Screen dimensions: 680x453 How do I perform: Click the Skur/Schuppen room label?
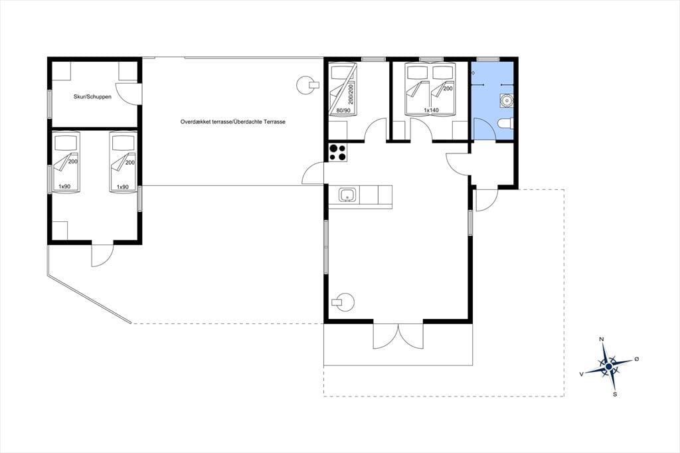pyautogui.click(x=92, y=97)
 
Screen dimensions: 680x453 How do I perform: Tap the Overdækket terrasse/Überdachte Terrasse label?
pyautogui.click(x=233, y=122)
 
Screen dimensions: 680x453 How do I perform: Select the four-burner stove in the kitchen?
pyautogui.click(x=338, y=152)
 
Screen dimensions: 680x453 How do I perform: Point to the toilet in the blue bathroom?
pyautogui.click(x=505, y=124)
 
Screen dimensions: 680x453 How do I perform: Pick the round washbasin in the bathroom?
pyautogui.click(x=506, y=100)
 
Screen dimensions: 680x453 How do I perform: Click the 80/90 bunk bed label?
pyautogui.click(x=343, y=111)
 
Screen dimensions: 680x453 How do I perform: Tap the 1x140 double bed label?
pyautogui.click(x=431, y=110)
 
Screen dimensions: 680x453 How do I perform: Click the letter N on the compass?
pyautogui.click(x=601, y=339)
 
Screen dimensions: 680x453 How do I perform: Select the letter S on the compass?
pyautogui.click(x=615, y=395)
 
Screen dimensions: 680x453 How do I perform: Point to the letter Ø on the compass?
pyautogui.click(x=637, y=359)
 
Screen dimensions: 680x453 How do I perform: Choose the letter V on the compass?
pyautogui.click(x=581, y=373)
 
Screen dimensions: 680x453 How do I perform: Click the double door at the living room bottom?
pyautogui.click(x=398, y=335)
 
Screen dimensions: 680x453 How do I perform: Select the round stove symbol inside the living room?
pyautogui.click(x=343, y=302)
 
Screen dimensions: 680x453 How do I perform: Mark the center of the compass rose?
pyautogui.click(x=608, y=367)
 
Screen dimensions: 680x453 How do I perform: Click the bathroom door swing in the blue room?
pyautogui.click(x=484, y=128)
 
